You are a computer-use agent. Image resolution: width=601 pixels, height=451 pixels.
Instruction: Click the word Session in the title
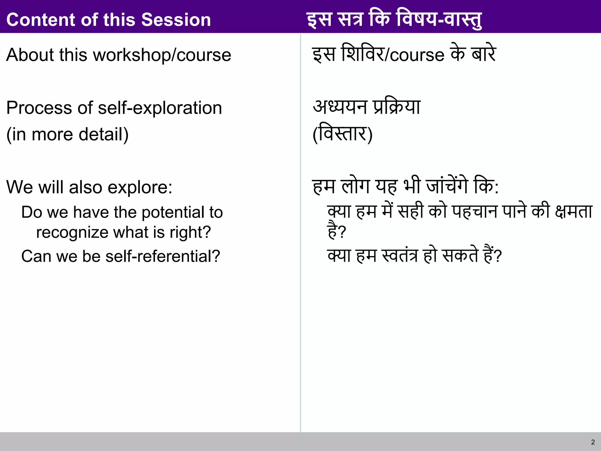coord(176,20)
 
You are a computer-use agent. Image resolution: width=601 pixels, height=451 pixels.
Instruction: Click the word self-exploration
coord(160,108)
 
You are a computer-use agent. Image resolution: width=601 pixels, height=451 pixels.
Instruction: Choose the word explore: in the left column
coord(140,187)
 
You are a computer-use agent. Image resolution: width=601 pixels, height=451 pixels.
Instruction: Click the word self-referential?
coord(163,256)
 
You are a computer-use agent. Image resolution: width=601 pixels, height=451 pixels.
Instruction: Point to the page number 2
coord(593,442)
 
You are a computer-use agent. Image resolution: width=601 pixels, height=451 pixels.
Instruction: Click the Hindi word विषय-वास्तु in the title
coord(439,20)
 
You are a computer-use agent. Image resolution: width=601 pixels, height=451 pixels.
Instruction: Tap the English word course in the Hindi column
coord(417,55)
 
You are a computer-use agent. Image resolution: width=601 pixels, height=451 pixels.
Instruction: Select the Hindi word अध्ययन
coord(340,107)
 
